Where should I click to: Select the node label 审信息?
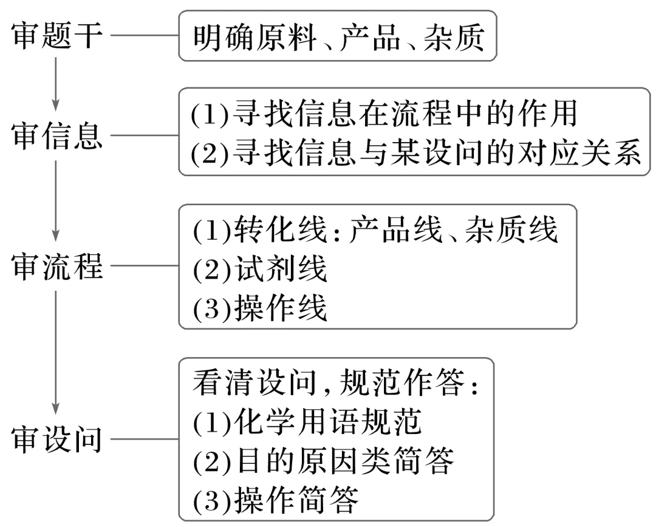pos(57,138)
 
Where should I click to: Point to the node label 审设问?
pos(57,439)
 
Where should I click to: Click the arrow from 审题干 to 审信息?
pos(56,85)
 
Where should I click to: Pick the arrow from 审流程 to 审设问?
pos(56,352)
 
